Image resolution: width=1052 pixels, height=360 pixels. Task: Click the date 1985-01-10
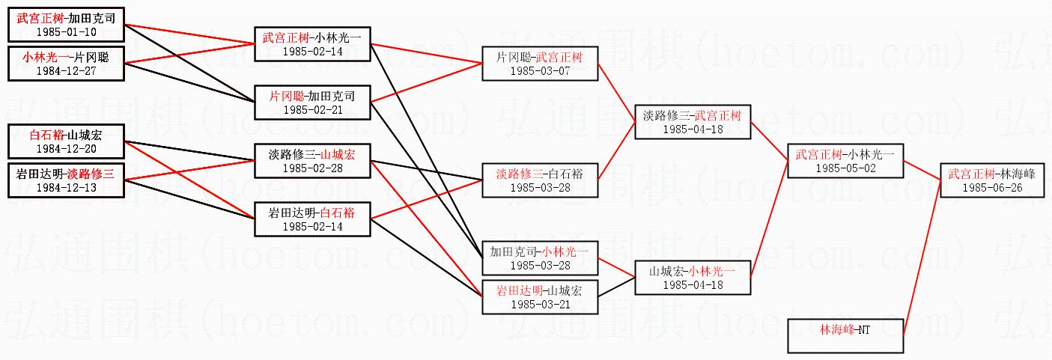66,32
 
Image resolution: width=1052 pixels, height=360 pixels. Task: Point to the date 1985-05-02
845,168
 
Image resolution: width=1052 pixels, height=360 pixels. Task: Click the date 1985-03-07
540,70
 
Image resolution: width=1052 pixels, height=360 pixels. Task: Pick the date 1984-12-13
66,188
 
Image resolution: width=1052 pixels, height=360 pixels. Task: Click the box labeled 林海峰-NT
845,335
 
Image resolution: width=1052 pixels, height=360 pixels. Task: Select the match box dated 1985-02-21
312,103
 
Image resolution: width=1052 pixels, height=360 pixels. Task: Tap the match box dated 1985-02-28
312,161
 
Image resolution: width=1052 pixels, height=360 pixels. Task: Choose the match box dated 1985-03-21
540,296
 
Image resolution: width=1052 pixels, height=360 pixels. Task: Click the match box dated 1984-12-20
66,141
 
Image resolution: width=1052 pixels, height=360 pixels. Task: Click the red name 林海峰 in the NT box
836,329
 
